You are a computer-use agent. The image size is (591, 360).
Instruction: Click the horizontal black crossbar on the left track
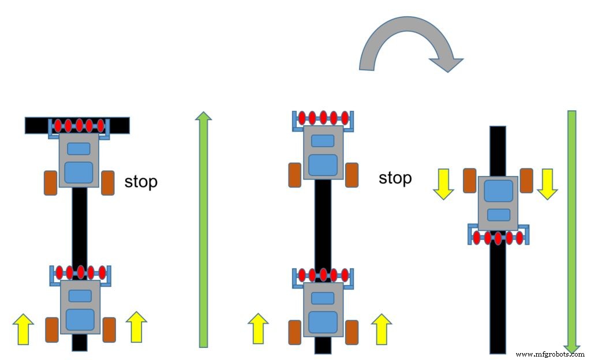(35, 125)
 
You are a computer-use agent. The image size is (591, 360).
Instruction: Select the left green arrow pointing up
(203, 231)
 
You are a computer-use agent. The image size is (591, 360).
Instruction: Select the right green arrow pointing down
(572, 231)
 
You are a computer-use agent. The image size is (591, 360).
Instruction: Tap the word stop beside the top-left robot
(141, 182)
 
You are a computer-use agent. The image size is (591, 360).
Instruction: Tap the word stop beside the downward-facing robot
(395, 178)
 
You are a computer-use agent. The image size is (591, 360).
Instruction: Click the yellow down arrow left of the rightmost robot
(443, 184)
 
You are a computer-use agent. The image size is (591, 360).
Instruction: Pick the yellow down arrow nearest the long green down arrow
(547, 184)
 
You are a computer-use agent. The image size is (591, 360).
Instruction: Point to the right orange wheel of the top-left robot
(108, 183)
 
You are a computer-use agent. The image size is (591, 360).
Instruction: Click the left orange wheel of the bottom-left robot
(52, 329)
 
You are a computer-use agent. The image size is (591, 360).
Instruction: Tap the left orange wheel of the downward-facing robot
(469, 181)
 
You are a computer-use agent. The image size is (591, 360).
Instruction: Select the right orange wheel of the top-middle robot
(351, 175)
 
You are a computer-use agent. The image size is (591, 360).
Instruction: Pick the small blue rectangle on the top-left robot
(78, 148)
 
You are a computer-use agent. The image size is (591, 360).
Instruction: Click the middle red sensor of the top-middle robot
(323, 118)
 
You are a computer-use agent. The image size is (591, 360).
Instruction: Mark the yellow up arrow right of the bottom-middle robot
(381, 329)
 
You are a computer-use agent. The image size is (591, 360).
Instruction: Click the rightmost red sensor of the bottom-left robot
(102, 272)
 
